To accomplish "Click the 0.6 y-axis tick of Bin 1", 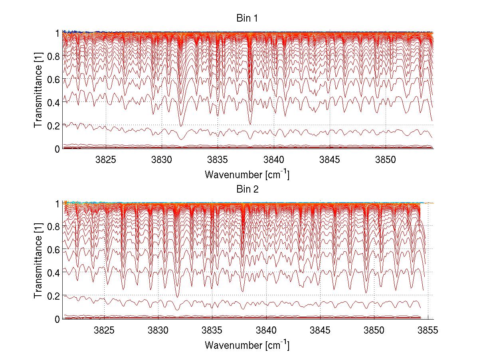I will tap(53, 80).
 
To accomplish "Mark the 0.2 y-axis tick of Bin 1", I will tap(53, 125).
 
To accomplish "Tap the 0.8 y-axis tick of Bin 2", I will tap(53, 226).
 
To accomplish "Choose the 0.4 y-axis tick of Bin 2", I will tap(53, 272).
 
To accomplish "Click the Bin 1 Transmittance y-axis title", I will tap(38, 91).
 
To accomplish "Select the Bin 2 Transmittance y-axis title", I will tap(38, 261).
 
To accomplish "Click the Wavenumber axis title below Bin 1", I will tap(247, 174).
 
